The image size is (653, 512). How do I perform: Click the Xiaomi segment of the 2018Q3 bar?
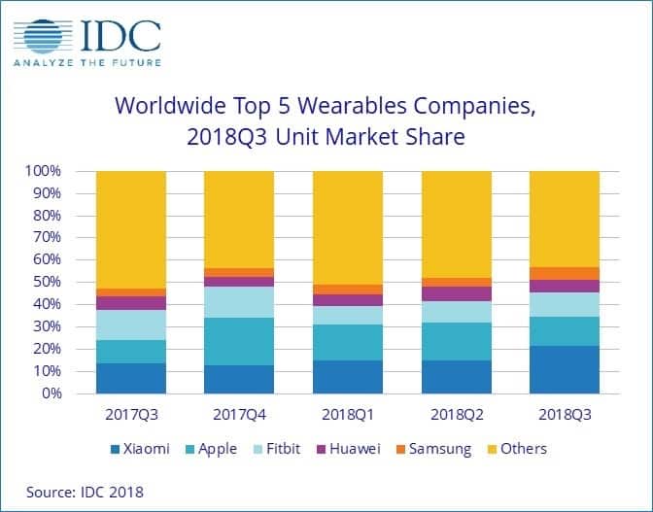point(564,369)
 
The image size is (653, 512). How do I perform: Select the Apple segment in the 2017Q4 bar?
point(238,341)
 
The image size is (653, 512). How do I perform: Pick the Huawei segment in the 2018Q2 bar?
point(456,293)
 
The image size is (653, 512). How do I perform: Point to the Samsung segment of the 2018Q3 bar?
point(564,273)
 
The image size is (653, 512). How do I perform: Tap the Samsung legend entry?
point(434,449)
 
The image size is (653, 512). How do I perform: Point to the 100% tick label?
point(43,171)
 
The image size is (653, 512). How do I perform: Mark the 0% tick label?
point(51,394)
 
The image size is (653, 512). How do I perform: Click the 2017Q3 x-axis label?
point(130,414)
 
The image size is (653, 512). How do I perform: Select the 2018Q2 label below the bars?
point(456,414)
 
